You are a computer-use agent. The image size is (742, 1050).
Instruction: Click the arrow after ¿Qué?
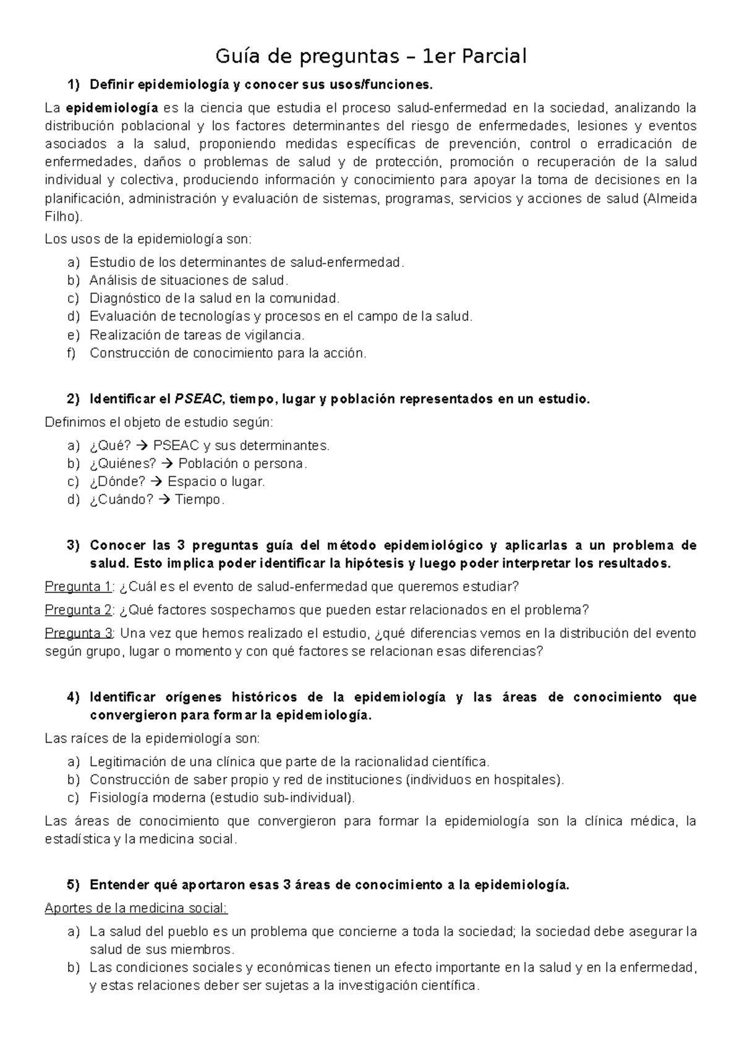[x=142, y=446]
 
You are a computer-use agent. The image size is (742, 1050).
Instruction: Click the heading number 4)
[x=74, y=698]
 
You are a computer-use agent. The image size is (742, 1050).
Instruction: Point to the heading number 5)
[x=74, y=885]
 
